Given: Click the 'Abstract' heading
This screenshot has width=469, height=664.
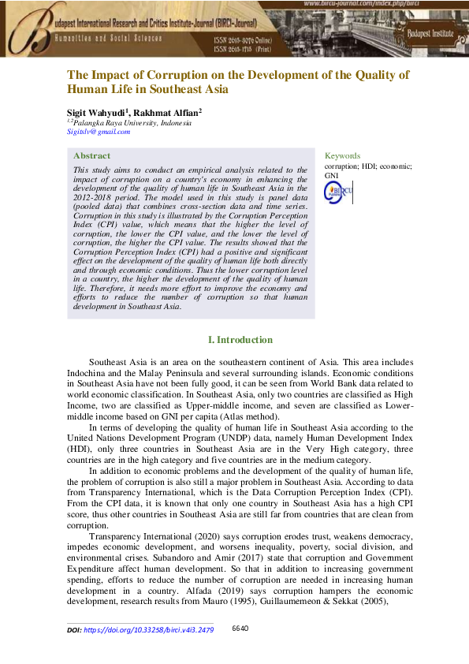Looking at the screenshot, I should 91,156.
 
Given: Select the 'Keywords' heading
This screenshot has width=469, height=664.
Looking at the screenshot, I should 342,156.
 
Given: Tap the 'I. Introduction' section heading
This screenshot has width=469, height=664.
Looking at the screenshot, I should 240,340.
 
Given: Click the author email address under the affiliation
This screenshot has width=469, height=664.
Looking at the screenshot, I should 98,132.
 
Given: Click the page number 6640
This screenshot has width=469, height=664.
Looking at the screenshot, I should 240,629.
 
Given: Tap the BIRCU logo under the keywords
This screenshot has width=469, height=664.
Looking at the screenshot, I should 339,194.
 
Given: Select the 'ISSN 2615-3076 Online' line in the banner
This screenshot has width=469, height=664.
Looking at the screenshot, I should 244,39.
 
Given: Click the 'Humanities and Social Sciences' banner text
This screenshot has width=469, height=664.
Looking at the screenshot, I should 107,38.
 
